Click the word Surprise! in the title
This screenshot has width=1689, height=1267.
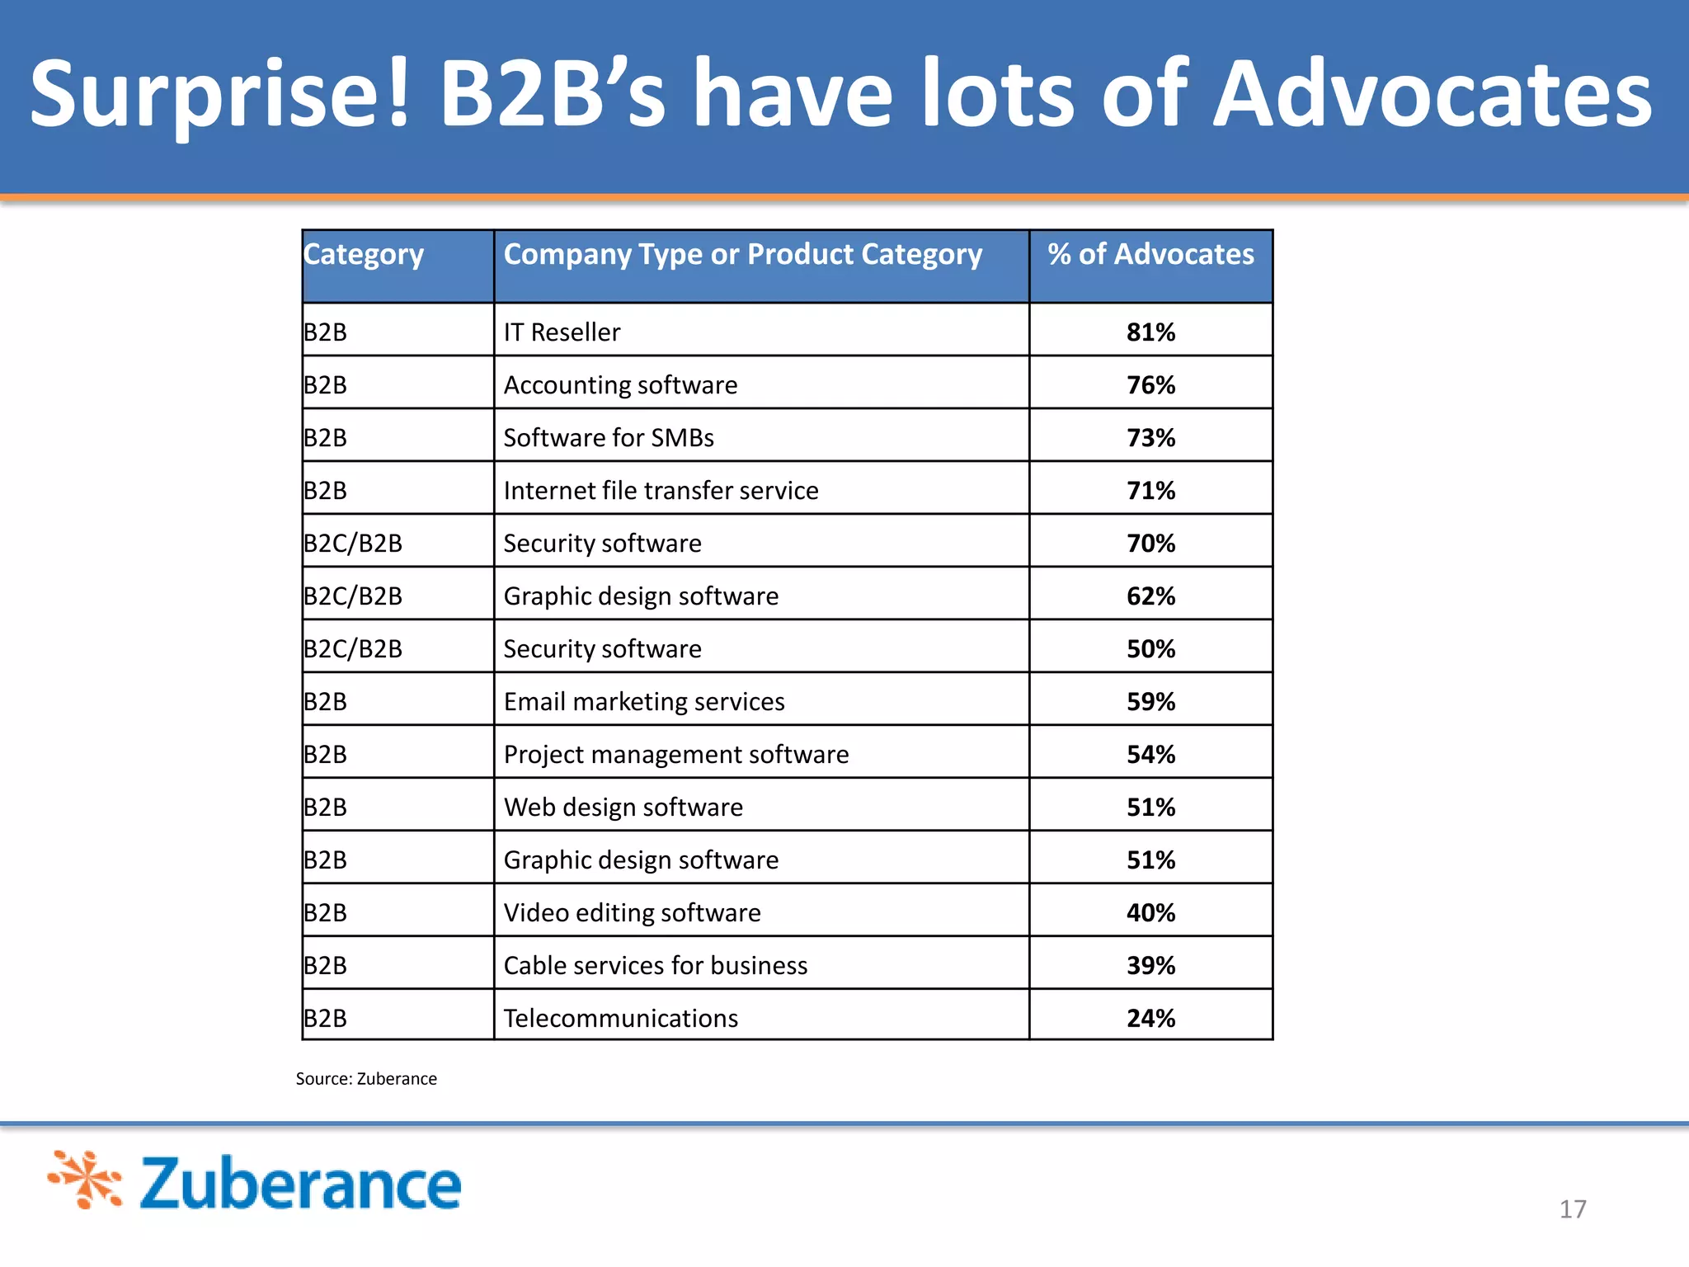click(219, 95)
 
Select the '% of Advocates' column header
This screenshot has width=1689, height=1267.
click(1150, 254)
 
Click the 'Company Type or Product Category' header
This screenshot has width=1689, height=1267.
click(742, 254)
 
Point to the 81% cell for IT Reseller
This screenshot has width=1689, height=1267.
click(1150, 332)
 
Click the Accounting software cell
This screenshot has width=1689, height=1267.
click(620, 385)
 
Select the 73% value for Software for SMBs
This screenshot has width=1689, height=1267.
click(1150, 438)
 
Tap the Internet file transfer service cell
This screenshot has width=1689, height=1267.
click(661, 491)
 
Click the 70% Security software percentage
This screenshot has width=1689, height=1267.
click(1150, 544)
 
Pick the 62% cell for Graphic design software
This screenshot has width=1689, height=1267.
click(1150, 596)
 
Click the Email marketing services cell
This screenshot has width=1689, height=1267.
click(644, 702)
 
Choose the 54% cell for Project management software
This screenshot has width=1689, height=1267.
click(1150, 755)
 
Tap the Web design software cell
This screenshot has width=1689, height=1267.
click(623, 808)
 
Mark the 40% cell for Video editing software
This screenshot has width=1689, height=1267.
click(1150, 913)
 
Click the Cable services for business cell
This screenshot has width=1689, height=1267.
click(656, 966)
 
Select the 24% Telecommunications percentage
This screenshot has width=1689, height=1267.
click(1150, 1019)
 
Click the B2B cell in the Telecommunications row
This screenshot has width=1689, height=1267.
click(326, 1019)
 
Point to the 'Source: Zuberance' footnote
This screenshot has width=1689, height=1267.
click(366, 1079)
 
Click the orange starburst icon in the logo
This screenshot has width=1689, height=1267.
click(86, 1180)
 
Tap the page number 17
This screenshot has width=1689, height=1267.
click(1572, 1209)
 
